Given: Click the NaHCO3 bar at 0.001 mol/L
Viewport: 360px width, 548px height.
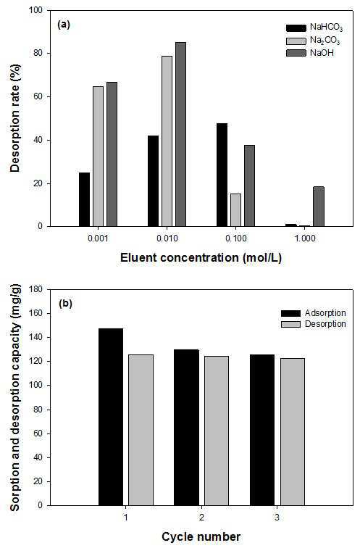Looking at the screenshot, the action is click(x=84, y=199).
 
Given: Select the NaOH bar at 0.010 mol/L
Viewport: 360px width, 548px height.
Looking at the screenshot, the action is click(x=180, y=135).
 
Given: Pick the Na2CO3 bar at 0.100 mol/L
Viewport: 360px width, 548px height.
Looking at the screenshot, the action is click(x=235, y=210).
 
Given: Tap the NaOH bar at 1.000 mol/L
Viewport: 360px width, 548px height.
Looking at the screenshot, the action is click(x=319, y=207).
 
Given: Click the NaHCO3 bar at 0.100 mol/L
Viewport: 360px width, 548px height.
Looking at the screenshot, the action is click(x=222, y=175).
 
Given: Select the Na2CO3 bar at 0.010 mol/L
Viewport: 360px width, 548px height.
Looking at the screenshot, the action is click(x=167, y=141).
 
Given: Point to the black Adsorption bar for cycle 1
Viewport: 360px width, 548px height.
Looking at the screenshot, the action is click(x=111, y=417).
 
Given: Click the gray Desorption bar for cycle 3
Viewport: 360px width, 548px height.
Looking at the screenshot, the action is click(x=292, y=432).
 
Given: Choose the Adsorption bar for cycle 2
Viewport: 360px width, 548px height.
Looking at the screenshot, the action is click(x=186, y=428).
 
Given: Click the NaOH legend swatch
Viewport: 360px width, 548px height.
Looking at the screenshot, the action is click(x=296, y=53).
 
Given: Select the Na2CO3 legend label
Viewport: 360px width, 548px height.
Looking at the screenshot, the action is click(x=325, y=41).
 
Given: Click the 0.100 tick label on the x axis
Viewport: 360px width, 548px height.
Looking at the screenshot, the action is click(x=235, y=238).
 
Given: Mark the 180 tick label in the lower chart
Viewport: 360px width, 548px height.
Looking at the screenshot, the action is click(x=36, y=289).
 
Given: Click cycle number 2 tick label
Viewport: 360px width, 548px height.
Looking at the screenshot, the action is click(x=201, y=518).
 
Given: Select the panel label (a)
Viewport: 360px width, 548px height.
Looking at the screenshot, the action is click(x=64, y=25).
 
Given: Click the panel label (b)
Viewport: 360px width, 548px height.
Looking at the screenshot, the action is click(x=65, y=303).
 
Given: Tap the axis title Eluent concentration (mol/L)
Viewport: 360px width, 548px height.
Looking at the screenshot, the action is click(x=201, y=258).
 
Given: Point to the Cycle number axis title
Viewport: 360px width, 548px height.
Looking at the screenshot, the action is click(x=201, y=536).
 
